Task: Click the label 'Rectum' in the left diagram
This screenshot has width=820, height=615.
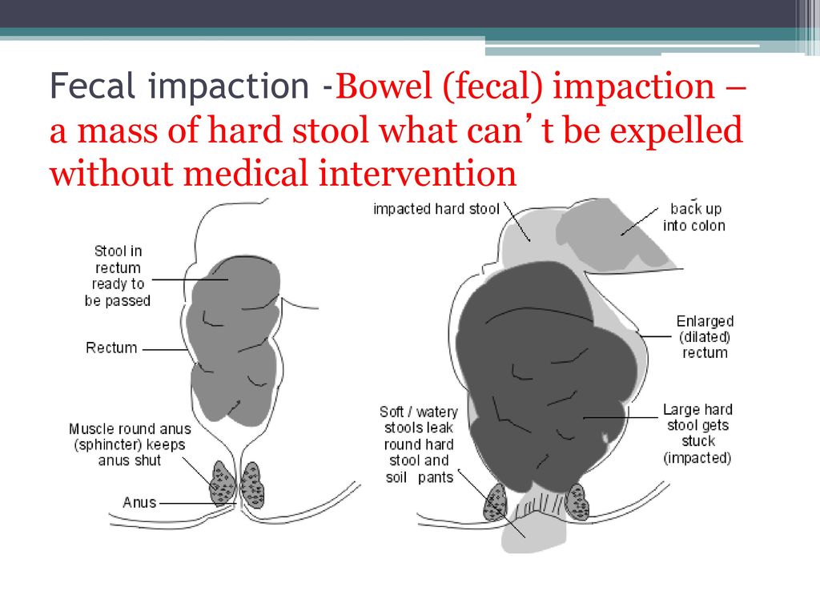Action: (x=111, y=348)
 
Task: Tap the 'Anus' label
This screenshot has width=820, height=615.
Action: (x=139, y=502)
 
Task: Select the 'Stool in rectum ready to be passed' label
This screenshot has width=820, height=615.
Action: (x=118, y=275)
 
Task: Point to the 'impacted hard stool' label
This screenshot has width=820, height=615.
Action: (x=436, y=209)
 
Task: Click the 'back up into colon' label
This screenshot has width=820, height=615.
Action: (x=694, y=217)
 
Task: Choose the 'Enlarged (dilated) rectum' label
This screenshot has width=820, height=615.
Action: (x=705, y=337)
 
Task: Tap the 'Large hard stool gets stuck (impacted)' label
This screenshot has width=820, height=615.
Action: (x=697, y=433)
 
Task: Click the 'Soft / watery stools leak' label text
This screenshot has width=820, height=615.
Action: (x=419, y=420)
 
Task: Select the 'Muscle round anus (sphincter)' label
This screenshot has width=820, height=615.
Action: (x=130, y=436)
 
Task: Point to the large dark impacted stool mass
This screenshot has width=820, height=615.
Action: (x=544, y=376)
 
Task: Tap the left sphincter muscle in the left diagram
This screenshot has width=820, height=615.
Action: (x=223, y=483)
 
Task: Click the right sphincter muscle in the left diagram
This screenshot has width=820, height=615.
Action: (x=252, y=484)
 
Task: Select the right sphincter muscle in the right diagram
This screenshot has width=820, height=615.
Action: (x=577, y=501)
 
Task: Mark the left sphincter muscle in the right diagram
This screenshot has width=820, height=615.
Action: (x=495, y=502)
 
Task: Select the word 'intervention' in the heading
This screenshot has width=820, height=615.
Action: (x=416, y=173)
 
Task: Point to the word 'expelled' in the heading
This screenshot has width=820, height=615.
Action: (x=676, y=131)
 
